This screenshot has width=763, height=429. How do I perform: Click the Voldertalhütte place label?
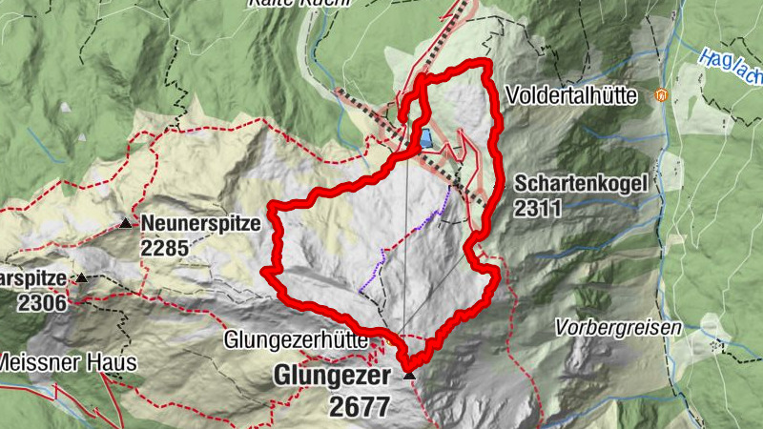tap(575, 96)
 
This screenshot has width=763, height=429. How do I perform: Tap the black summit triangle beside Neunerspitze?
tap(126, 224)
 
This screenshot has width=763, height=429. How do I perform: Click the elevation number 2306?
tap(42, 303)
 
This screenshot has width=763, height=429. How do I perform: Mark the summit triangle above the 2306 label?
tap(82, 278)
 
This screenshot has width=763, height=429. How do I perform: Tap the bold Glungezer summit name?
tap(332, 377)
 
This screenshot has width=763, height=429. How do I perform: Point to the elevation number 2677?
tap(361, 406)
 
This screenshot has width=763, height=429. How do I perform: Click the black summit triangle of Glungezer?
tap(410, 377)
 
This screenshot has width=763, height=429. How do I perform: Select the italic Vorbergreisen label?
tap(619, 328)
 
